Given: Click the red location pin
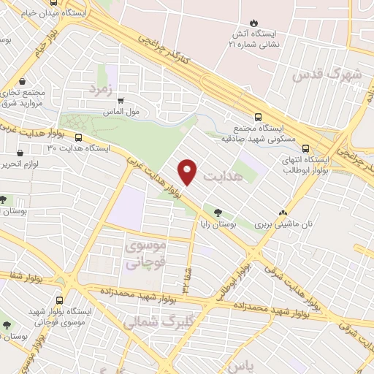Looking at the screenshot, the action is [x=188, y=171].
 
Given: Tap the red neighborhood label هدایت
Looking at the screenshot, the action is [x=221, y=178].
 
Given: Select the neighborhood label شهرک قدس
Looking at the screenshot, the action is [x=327, y=75].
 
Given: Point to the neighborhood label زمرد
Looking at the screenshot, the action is [x=103, y=88].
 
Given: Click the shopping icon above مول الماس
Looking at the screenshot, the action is [x=121, y=102].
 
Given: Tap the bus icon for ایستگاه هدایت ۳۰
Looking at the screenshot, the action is [x=78, y=137].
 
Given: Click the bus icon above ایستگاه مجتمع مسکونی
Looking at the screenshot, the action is [x=257, y=117].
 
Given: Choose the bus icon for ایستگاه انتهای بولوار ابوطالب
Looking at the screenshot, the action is [x=305, y=147].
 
